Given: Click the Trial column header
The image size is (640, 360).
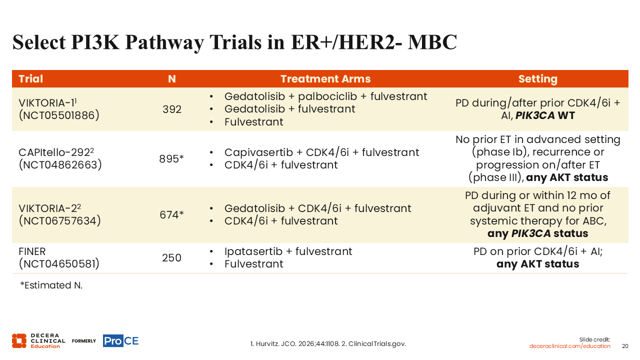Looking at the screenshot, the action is pos(30,79).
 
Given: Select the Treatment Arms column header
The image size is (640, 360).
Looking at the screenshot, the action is pos(325,79).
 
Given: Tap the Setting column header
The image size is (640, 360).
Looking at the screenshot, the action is pos(537,79).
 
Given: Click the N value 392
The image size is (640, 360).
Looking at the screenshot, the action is pos(171,109).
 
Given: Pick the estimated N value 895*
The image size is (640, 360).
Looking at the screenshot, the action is pos(171,159).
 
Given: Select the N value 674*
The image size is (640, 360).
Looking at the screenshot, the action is pos(171,215).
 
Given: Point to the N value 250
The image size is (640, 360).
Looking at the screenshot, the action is pos(171,257).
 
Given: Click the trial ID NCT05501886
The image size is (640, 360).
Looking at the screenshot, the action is pos(59,115).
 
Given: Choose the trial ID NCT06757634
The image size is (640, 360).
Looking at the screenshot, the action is pos(60,221).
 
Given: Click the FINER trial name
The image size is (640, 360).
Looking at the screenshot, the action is pos(32,251).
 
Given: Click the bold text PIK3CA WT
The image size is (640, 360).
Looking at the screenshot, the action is pos(545,115).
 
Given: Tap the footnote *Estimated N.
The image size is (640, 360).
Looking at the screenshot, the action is pos(51,285).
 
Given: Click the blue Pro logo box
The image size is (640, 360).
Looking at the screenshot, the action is pos(113,340).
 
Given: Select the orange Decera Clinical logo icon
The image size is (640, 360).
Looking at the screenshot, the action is pos(19,341).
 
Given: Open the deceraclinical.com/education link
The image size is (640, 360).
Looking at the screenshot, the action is pos(569,346).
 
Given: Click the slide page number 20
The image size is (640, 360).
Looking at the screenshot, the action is pos(625,346).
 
